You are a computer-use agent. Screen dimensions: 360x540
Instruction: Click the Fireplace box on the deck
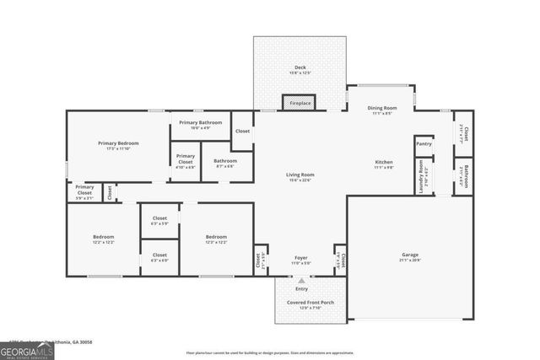click(299, 103)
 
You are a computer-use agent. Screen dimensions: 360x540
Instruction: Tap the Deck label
click(300, 67)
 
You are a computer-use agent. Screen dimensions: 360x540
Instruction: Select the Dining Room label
click(382, 108)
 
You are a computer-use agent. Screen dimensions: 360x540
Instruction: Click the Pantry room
click(424, 144)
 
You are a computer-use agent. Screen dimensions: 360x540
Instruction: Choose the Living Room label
click(300, 175)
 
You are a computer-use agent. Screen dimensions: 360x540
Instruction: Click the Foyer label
click(300, 258)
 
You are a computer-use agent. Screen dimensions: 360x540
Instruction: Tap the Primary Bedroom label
click(118, 143)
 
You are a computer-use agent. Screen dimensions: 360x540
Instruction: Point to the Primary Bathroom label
click(200, 123)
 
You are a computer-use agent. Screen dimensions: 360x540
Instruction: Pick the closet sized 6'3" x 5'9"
click(159, 220)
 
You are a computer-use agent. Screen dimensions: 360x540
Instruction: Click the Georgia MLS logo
click(27, 350)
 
